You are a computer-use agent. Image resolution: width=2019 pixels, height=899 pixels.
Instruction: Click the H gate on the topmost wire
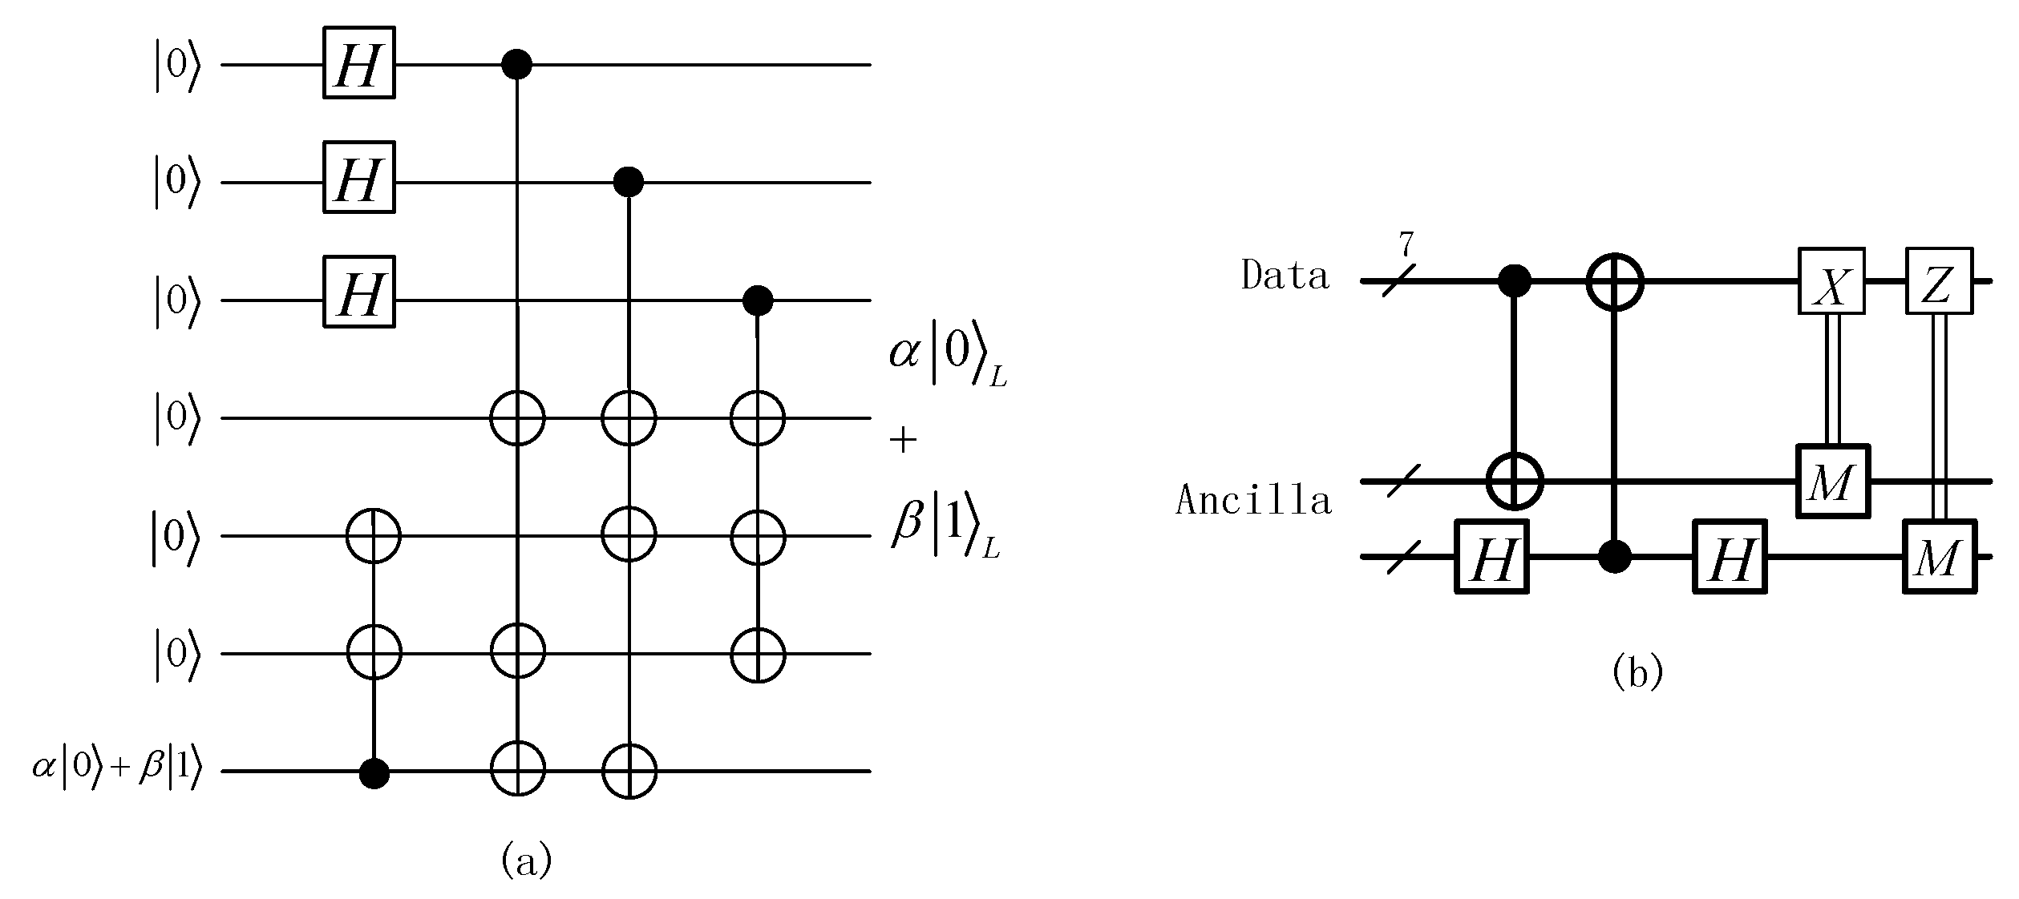[x=359, y=63]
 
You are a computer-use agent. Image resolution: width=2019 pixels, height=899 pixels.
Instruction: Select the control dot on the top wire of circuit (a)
[x=516, y=64]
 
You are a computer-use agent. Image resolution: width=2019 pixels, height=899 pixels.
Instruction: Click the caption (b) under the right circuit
[x=1637, y=672]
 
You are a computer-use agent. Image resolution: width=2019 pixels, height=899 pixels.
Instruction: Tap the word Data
[x=1285, y=276]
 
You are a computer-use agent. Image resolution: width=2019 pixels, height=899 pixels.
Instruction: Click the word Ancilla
[x=1253, y=501]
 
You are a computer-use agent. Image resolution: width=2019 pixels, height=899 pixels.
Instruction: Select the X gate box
[x=1831, y=281]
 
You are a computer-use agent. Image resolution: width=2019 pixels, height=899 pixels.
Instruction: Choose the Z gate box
[x=1938, y=281]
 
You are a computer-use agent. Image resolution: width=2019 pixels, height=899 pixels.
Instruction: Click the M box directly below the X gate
[x=1831, y=482]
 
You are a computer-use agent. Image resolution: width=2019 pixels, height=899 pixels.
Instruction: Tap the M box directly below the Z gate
[x=1939, y=556]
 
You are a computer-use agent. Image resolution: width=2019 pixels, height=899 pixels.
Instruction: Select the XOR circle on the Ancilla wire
[x=1514, y=482]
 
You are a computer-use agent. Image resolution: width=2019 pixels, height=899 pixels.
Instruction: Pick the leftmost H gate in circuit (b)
[x=1491, y=556]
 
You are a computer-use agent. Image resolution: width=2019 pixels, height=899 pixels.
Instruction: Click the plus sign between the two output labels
[x=903, y=440]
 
